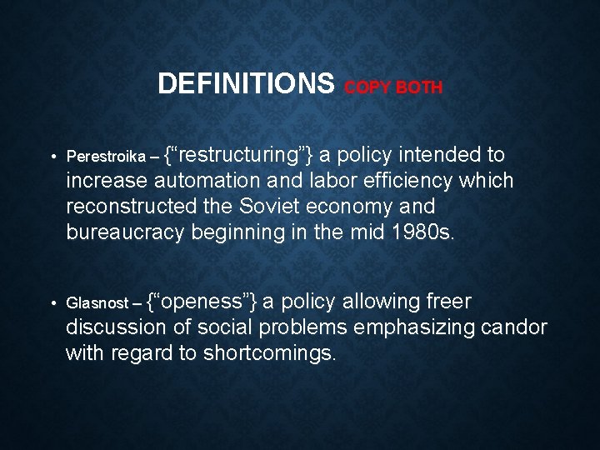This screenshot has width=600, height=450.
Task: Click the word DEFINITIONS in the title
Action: click(246, 83)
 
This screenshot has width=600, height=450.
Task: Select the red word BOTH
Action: click(420, 87)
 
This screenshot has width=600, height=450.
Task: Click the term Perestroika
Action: click(100, 157)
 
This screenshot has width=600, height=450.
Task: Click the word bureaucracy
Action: click(125, 232)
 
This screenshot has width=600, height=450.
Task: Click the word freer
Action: click(449, 302)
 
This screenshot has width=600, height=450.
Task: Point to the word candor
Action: click(513, 327)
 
